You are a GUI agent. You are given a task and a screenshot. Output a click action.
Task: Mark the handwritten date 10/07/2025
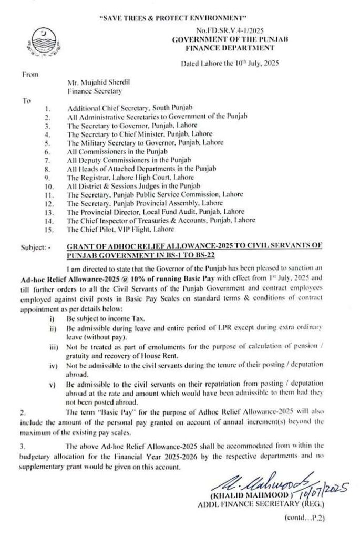pyautogui.click(x=327, y=491)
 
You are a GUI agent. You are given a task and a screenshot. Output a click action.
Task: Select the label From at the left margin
pyautogui.click(x=28, y=74)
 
